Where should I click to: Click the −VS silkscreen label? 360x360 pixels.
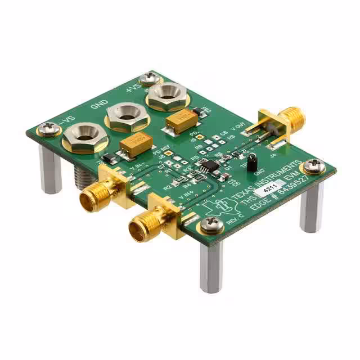(65, 119)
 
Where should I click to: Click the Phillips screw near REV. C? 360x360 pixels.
(212, 225)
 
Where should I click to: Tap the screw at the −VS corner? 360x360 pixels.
(49, 130)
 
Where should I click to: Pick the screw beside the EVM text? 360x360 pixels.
(313, 166)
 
